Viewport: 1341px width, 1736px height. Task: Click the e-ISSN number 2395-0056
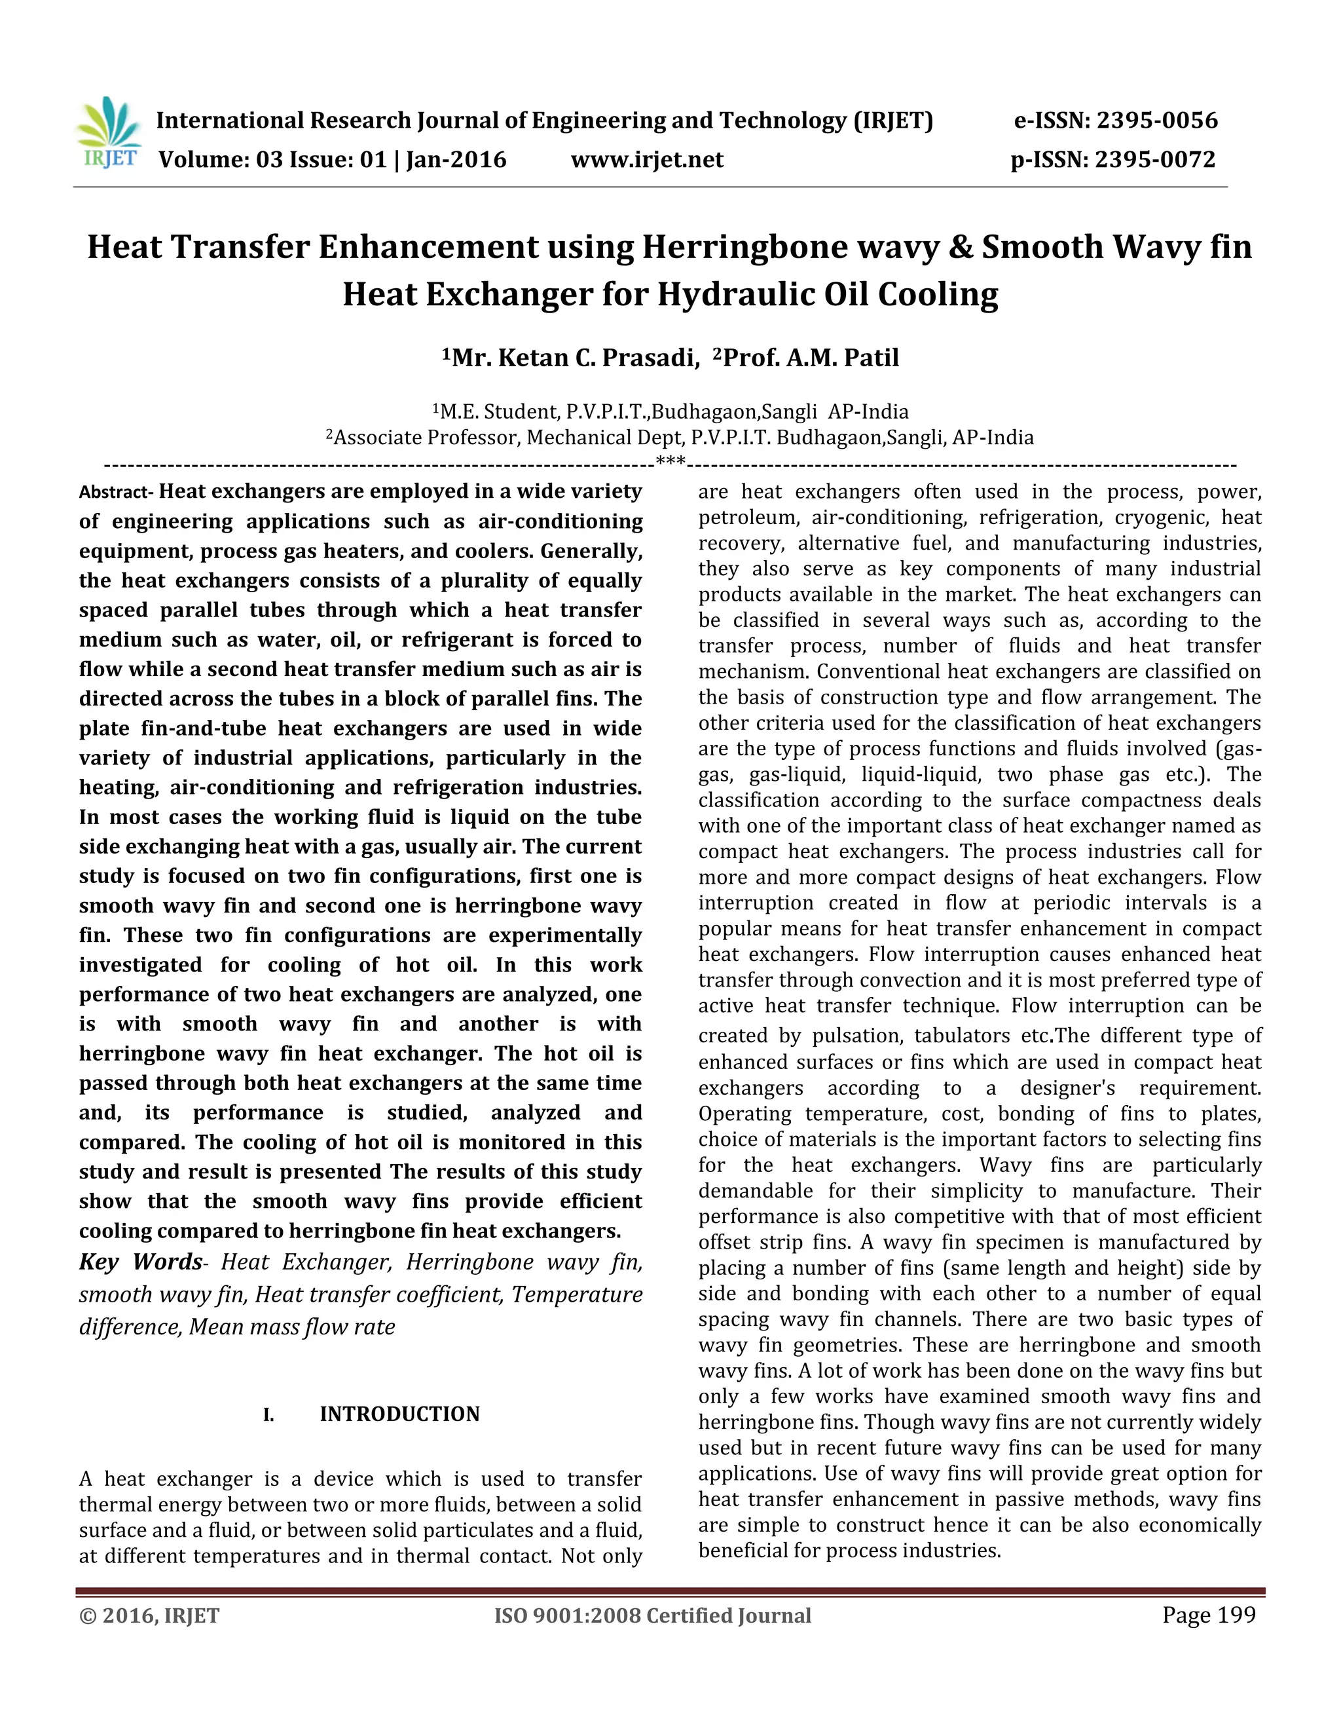[1157, 121]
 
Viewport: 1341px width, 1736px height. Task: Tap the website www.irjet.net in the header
[647, 160]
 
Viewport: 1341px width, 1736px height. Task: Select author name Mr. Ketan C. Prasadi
[570, 358]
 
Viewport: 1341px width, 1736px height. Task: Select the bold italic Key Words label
[141, 1262]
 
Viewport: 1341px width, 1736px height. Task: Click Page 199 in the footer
[1208, 1615]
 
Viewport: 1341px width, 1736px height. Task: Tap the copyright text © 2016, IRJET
[149, 1616]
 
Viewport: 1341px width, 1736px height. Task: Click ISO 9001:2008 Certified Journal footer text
[652, 1616]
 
